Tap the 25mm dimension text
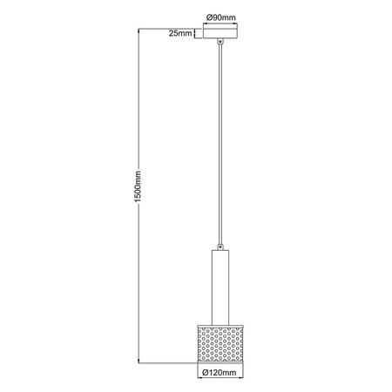click(179, 34)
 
